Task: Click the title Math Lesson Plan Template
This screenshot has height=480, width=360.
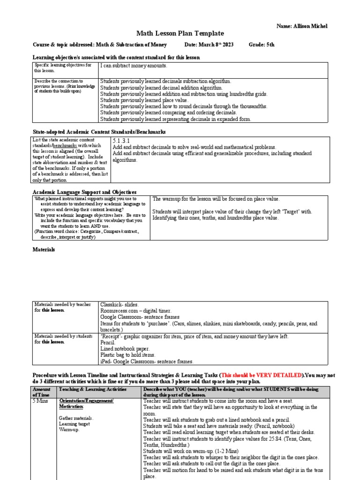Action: (x=180, y=33)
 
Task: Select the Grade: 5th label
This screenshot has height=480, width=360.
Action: (x=262, y=45)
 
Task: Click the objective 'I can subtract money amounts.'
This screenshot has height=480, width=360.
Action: (x=134, y=66)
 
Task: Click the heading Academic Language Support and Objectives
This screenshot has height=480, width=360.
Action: (x=84, y=192)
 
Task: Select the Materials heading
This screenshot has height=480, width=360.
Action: (x=44, y=250)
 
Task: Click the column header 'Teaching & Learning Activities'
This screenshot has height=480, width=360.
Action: (x=93, y=390)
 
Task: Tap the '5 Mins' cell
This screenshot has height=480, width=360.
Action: (x=40, y=401)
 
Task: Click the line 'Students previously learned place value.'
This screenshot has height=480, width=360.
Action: (x=144, y=100)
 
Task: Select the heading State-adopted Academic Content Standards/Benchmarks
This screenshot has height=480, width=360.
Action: (x=98, y=132)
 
